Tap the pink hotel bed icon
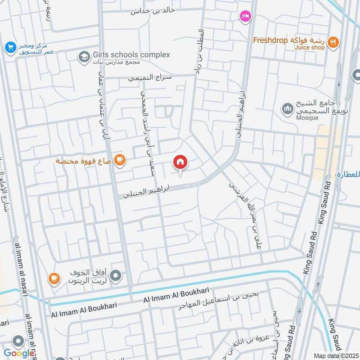[246, 16]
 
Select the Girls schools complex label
[131, 55]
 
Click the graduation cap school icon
[83, 57]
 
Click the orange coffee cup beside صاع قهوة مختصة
[119, 160]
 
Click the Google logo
[19, 354]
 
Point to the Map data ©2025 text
[335, 356]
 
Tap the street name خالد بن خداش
[153, 11]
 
